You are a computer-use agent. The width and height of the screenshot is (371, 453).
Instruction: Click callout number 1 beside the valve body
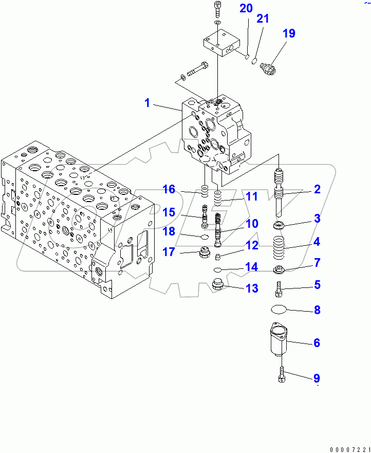point(147,103)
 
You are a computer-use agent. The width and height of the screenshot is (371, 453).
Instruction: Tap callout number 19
point(289,34)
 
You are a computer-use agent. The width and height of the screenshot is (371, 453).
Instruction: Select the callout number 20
point(246,8)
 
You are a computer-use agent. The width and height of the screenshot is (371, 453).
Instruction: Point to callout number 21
point(263,19)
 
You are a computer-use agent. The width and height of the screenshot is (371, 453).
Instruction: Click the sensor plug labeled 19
point(268,68)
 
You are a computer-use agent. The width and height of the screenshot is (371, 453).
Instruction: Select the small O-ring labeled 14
point(218,269)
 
